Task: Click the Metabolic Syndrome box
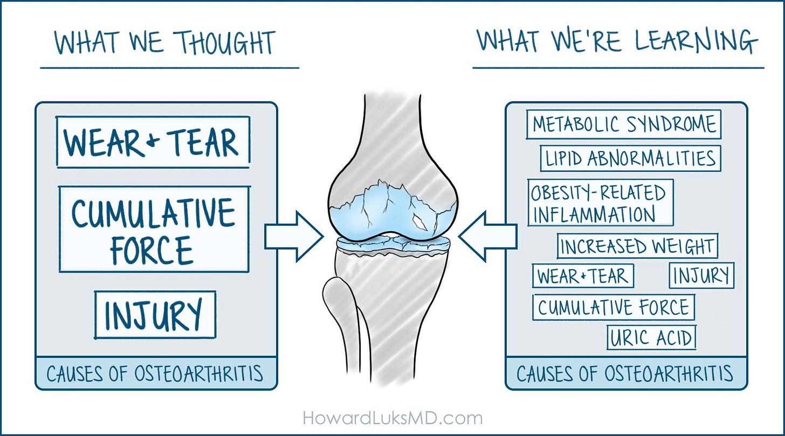[624, 124]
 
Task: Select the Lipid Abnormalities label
[630, 158]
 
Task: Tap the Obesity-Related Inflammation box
[600, 203]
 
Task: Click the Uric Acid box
[651, 338]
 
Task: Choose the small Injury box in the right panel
[701, 275]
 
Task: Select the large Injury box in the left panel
[155, 315]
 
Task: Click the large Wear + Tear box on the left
[153, 142]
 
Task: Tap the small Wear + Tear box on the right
[583, 276]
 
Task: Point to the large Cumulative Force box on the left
[154, 230]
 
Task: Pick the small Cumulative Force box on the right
[614, 307]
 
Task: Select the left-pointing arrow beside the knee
[487, 236]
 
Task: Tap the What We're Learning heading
[618, 41]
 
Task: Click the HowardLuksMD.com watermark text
[392, 417]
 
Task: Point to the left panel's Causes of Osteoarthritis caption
[155, 373]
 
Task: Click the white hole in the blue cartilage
[419, 220]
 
